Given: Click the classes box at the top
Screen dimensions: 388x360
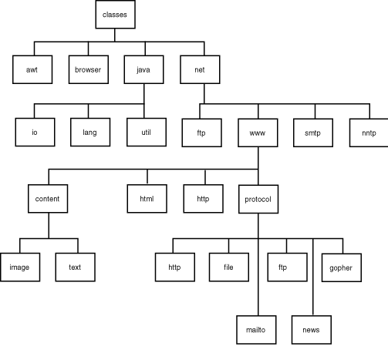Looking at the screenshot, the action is coord(115,15).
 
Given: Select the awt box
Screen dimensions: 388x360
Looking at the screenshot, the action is coord(32,69).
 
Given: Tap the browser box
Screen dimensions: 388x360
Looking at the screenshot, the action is coord(89,69).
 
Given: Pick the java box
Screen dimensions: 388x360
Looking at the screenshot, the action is coord(143,69).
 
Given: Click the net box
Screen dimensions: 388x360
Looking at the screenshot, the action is coord(200,69).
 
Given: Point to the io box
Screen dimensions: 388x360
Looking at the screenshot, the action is coord(35,132).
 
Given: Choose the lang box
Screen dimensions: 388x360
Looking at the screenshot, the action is coord(90,132).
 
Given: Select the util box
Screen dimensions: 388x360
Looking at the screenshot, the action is coord(147,132).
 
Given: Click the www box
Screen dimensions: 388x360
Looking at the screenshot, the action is coord(258,133).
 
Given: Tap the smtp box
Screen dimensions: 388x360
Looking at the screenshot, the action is coord(313,133).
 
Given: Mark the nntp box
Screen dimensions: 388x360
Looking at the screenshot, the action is coord(369,133).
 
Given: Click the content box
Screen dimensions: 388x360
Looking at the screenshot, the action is coord(48,199).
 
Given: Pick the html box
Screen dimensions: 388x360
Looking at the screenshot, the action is coord(147,199).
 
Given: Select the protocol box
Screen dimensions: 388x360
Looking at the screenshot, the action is coord(258,199).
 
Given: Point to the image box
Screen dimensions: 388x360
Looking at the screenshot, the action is coord(20,267).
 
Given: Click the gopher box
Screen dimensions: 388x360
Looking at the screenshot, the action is coord(342,267).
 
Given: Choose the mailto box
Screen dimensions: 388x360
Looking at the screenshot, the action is coord(256,330).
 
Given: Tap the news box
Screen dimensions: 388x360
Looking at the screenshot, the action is coord(312,330).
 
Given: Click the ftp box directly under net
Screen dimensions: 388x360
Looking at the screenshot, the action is coord(201,133).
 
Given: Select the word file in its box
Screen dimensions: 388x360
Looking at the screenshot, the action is coord(228,267).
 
